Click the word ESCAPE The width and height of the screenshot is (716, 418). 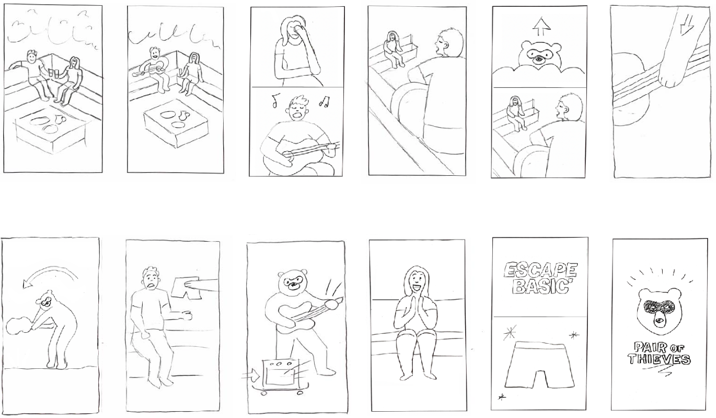point(540,270)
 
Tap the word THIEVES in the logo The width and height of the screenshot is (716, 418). point(659,359)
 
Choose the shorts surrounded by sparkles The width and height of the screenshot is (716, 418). point(539,364)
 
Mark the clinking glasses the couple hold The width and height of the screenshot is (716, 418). point(53,73)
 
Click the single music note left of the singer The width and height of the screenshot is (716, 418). point(276,100)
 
